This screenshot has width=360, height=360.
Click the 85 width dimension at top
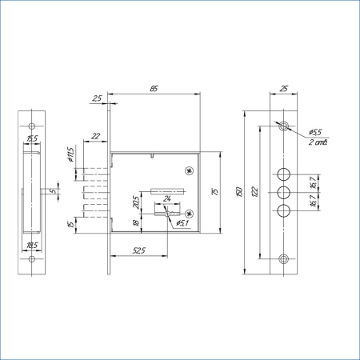click(x=152, y=89)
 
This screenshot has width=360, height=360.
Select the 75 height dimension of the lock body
click(x=214, y=191)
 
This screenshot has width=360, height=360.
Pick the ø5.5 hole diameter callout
click(x=314, y=132)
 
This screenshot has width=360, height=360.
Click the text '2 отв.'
click(x=318, y=142)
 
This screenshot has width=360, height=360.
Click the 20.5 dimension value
click(x=137, y=202)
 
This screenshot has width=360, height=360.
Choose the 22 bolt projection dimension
click(x=95, y=135)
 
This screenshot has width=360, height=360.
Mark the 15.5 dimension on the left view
click(x=33, y=139)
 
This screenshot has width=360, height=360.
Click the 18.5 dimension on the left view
click(x=33, y=244)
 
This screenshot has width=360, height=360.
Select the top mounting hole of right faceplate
click(x=284, y=125)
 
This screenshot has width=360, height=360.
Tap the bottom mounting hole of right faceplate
click(x=284, y=258)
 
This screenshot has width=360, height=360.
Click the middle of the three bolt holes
click(x=284, y=192)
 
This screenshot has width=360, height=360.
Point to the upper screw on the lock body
click(x=189, y=170)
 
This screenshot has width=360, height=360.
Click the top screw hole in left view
click(x=33, y=126)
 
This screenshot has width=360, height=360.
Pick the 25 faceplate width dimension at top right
click(x=284, y=89)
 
